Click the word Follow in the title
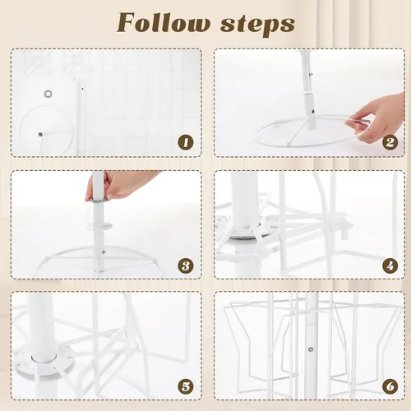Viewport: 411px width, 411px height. [x=163, y=23]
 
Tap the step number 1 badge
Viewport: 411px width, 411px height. [x=186, y=143]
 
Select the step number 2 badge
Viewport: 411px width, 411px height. [x=390, y=143]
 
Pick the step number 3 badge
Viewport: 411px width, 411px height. [x=186, y=266]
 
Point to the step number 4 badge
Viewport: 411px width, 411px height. [x=390, y=266]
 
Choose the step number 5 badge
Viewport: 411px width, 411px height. [x=186, y=386]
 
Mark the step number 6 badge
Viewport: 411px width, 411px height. [x=390, y=386]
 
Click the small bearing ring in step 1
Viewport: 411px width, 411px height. [x=48, y=94]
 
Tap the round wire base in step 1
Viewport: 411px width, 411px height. [x=21, y=129]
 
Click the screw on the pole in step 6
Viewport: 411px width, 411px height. [x=311, y=349]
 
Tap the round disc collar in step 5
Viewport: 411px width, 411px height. [x=44, y=359]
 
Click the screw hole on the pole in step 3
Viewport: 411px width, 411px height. [x=104, y=252]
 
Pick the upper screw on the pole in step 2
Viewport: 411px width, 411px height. [x=311, y=74]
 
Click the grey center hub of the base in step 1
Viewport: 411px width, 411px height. [x=40, y=134]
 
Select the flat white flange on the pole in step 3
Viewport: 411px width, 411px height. [x=99, y=226]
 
